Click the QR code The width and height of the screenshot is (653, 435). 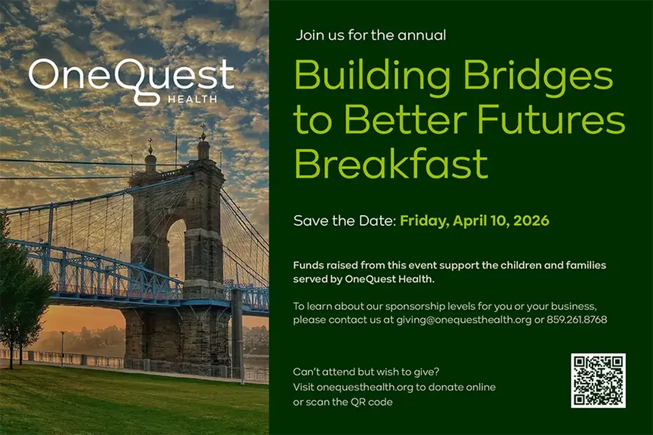point(598,381)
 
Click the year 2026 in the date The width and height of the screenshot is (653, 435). point(530,221)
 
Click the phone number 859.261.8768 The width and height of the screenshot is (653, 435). point(577,320)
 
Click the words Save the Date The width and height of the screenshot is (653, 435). point(344,221)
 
